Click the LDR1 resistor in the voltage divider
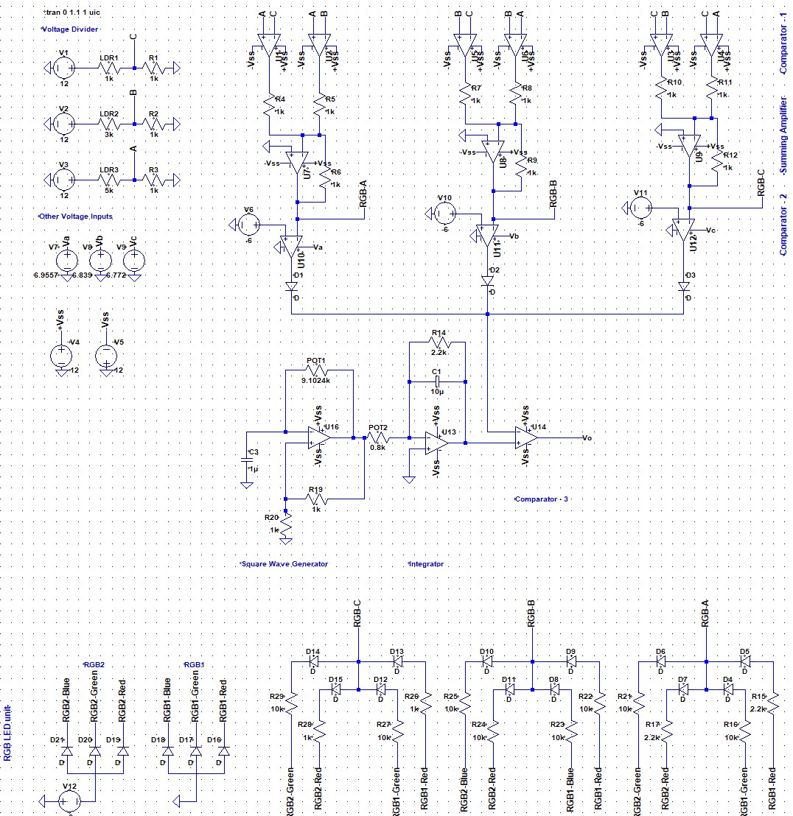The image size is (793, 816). [x=109, y=68]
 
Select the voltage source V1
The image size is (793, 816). [x=63, y=68]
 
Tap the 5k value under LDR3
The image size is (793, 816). [x=108, y=190]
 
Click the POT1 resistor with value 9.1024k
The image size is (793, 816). [x=318, y=371]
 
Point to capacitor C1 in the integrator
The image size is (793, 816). [x=437, y=381]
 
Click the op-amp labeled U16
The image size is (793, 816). [x=320, y=437]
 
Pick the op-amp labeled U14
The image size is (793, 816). [x=526, y=437]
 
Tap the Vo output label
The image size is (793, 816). [x=587, y=437]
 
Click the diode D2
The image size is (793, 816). [x=487, y=281]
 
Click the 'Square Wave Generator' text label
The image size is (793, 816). [x=284, y=563]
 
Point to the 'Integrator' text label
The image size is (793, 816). [x=426, y=563]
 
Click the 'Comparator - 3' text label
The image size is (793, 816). [x=542, y=499]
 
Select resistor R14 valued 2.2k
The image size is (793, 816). [x=438, y=342]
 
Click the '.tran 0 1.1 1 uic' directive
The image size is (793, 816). [x=72, y=13]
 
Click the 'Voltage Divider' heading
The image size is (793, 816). [x=69, y=29]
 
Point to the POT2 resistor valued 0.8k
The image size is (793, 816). [x=378, y=437]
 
